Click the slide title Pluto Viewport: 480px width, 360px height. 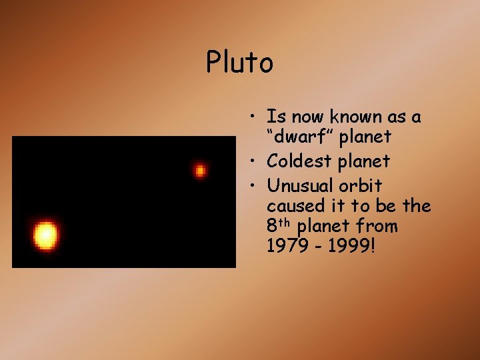click(239, 63)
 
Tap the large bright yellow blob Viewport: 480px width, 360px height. click(45, 235)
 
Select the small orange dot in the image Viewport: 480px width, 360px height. click(199, 171)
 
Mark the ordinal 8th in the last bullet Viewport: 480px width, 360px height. click(279, 226)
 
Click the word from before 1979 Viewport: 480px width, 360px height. click(377, 227)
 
